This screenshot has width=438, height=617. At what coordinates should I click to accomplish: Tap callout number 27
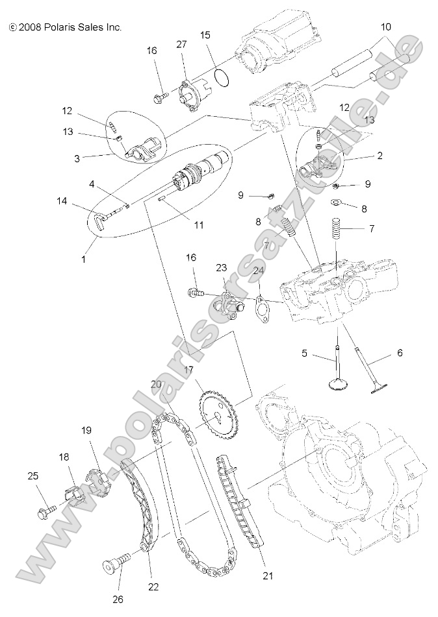[181, 43]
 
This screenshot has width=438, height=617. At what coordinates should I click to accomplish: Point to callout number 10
[386, 27]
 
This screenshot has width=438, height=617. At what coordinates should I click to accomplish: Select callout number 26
[118, 599]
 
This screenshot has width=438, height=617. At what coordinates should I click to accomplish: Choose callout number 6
[400, 352]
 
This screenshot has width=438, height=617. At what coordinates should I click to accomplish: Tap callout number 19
[86, 430]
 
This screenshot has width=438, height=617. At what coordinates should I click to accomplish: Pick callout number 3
[77, 157]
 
